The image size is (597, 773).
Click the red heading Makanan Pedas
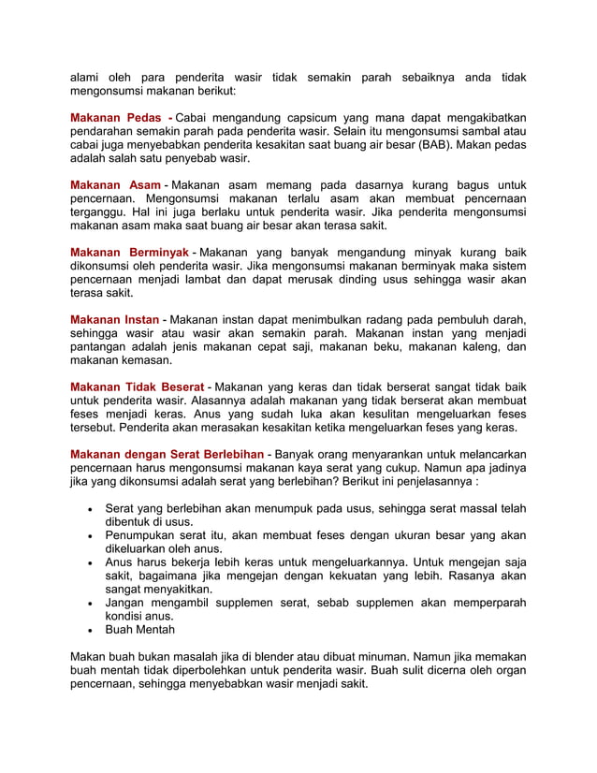pyautogui.click(x=116, y=118)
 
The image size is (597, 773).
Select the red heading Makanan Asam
pyautogui.click(x=115, y=185)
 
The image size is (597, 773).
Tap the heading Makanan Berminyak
pyautogui.click(x=129, y=253)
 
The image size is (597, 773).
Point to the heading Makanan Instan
pyautogui.click(x=114, y=320)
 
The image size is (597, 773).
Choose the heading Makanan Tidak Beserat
pyautogui.click(x=138, y=387)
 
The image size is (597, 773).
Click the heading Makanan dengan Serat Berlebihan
pyautogui.click(x=167, y=455)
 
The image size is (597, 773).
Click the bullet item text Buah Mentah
pyautogui.click(x=140, y=630)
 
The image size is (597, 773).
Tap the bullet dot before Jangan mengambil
pyautogui.click(x=88, y=604)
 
